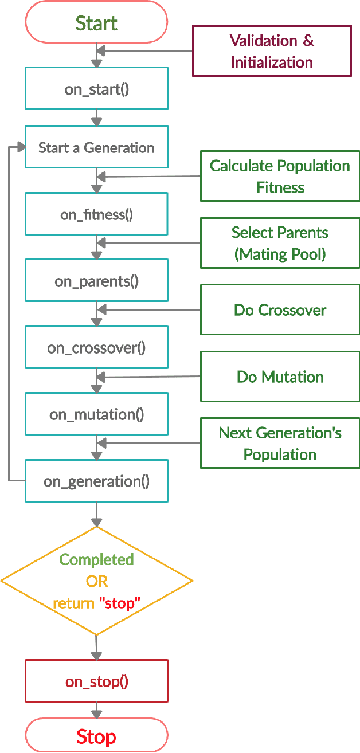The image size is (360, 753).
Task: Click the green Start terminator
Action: (x=96, y=22)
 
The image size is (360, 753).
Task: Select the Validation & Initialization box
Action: (x=272, y=51)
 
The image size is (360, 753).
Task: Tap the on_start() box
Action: (x=96, y=89)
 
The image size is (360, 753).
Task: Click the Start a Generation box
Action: (x=96, y=147)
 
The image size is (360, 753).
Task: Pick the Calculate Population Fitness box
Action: (x=280, y=176)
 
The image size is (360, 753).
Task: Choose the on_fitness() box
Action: (x=96, y=214)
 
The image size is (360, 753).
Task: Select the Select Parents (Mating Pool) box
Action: (x=280, y=243)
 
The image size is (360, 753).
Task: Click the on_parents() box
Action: (x=96, y=281)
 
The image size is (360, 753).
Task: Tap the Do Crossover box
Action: (x=280, y=310)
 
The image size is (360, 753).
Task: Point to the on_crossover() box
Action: (x=96, y=348)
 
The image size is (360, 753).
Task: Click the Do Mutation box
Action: (x=280, y=376)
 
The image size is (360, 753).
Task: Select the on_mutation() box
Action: (x=96, y=414)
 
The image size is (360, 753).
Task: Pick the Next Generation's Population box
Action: (x=280, y=443)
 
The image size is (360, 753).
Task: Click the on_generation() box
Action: (x=96, y=481)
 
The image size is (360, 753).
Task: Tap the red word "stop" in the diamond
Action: (x=120, y=603)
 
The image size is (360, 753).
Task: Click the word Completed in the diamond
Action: (x=96, y=559)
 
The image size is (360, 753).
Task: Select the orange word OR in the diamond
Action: (x=96, y=581)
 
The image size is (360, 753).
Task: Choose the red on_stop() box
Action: (x=96, y=681)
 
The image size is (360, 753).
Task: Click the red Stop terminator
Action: (x=96, y=736)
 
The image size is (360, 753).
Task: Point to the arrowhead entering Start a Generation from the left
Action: (x=22, y=147)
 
